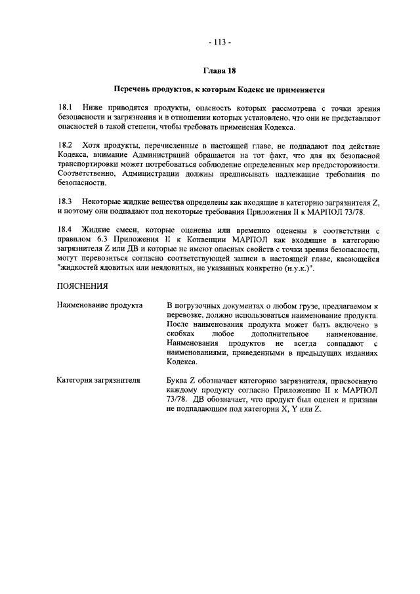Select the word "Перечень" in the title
click(x=133, y=89)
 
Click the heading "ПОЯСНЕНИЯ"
click(x=83, y=286)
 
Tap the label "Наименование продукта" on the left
click(x=100, y=306)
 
